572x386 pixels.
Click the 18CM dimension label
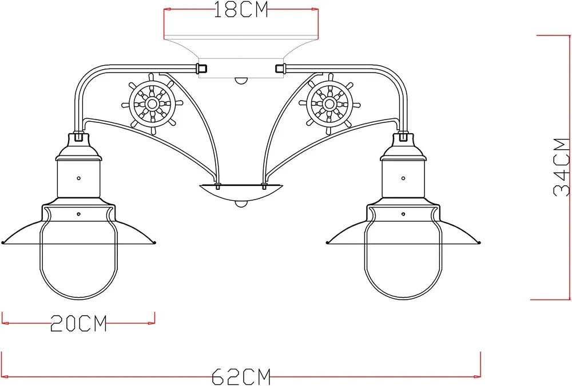(x=241, y=10)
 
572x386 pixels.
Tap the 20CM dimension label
(x=78, y=324)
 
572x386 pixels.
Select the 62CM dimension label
(x=241, y=376)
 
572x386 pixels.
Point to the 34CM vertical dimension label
(x=562, y=166)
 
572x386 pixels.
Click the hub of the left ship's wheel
(x=152, y=104)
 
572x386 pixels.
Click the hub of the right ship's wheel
(x=330, y=104)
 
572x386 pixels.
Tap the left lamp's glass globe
(x=79, y=263)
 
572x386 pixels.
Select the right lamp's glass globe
(x=404, y=263)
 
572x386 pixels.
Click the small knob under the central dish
(x=241, y=203)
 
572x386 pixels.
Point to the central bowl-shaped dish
(x=241, y=192)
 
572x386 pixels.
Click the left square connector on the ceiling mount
(x=201, y=69)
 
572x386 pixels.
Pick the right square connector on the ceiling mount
(x=280, y=69)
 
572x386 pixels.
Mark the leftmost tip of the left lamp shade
(x=3, y=242)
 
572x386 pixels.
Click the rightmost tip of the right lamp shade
(x=480, y=242)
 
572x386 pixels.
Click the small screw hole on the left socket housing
(x=79, y=177)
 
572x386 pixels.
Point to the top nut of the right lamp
(x=404, y=137)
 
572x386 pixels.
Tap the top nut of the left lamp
(x=79, y=137)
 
